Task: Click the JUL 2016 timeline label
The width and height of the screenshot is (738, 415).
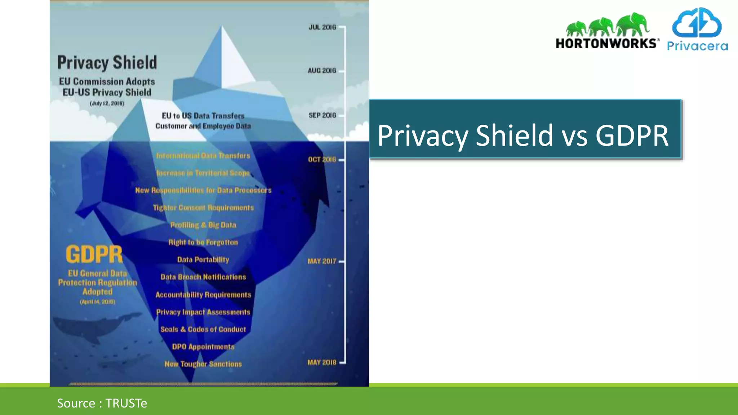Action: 322,27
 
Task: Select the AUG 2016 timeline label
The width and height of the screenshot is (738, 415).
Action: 322,71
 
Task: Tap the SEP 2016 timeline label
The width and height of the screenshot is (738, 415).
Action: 322,115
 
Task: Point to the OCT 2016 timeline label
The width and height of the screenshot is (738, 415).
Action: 322,160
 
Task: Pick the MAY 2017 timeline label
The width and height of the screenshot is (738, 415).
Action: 321,261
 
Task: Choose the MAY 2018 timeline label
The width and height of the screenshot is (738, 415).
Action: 321,362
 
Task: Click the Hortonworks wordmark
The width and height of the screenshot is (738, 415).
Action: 607,43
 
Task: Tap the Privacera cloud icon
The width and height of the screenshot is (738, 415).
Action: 697,23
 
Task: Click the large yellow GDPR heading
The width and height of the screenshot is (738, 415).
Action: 94,254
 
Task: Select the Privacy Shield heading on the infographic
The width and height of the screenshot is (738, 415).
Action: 107,62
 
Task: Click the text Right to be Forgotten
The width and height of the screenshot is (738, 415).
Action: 203,242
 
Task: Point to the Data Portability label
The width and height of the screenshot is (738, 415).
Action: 203,260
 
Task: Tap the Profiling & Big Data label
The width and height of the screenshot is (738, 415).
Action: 203,225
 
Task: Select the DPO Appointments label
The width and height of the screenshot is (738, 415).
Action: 203,347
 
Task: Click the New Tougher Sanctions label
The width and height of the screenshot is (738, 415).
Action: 203,364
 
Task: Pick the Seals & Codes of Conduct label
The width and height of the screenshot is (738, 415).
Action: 203,329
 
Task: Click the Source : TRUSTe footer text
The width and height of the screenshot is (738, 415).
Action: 102,403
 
